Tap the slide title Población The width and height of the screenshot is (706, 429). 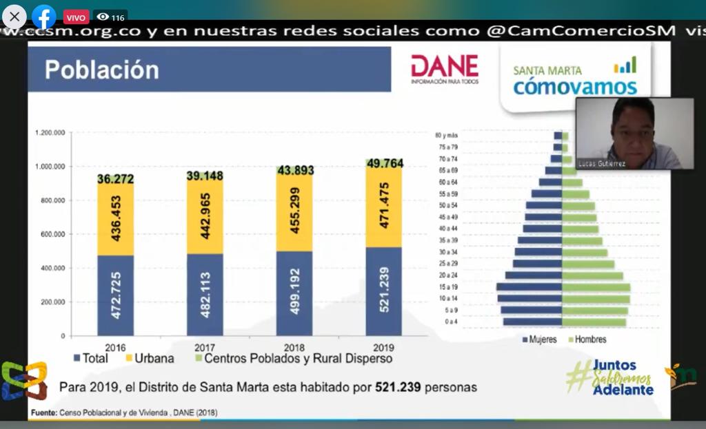coord(102,70)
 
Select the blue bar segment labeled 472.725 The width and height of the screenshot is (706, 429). coord(116,295)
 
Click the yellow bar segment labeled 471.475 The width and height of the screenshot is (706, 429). coord(384,207)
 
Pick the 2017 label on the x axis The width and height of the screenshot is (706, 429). coord(205,347)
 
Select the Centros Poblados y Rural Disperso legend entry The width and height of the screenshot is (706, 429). coord(293,359)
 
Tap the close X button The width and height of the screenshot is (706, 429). coord(14,17)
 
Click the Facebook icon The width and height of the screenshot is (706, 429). coord(44,17)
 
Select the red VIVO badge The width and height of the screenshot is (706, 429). coord(76,17)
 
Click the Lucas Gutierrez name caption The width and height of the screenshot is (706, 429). coord(602,165)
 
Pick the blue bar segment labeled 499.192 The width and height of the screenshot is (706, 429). coord(294,293)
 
